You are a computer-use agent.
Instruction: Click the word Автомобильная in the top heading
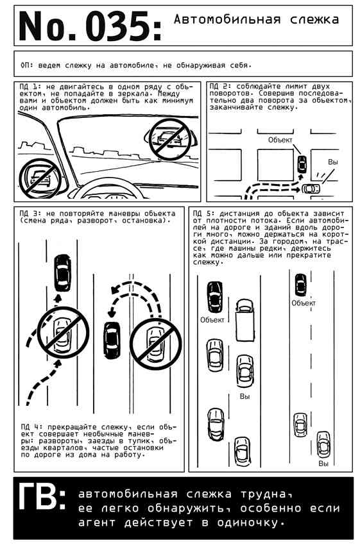tap(227, 19)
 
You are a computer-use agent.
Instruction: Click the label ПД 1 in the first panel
tap(30, 87)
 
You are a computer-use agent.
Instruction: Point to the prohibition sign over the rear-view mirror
tap(170, 140)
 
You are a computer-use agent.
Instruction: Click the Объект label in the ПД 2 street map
tap(280, 140)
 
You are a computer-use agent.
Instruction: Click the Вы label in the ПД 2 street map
tap(333, 162)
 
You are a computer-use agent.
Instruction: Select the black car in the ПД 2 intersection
tap(302, 164)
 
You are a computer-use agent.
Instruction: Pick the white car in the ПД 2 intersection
tap(311, 189)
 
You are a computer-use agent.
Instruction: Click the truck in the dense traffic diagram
tap(245, 320)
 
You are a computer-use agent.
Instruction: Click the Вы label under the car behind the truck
tap(245, 396)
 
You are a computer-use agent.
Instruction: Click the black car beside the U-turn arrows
tap(112, 340)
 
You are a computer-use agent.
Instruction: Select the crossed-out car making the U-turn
tap(156, 344)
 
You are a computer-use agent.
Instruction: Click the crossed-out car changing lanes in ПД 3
tap(63, 333)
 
